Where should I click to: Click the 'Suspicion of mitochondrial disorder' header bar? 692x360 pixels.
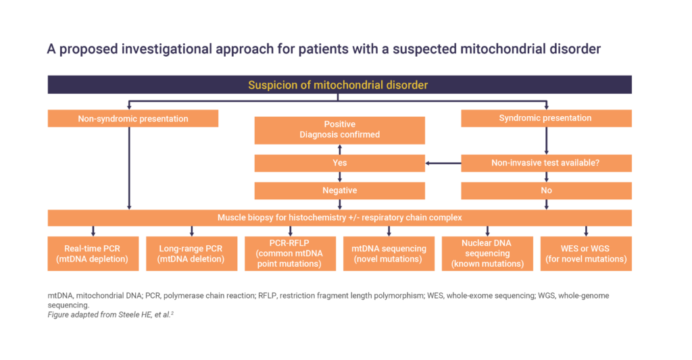(339, 84)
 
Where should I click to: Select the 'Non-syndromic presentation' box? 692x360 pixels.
(133, 119)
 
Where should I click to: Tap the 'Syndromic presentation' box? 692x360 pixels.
(546, 118)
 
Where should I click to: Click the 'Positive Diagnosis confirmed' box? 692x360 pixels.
(339, 130)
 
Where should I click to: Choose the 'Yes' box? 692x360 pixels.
(339, 163)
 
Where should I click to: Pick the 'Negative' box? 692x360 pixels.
(339, 190)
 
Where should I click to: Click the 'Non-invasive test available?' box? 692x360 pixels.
(546, 163)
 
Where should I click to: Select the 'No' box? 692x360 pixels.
(546, 190)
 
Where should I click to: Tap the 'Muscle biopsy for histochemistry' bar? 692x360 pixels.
(339, 218)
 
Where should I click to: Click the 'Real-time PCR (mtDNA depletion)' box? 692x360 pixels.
(93, 254)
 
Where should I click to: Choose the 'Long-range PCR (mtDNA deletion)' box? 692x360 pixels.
(191, 254)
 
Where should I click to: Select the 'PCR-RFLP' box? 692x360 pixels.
(290, 254)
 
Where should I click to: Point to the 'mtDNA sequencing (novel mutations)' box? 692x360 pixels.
(389, 254)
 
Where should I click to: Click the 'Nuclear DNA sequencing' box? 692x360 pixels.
(487, 254)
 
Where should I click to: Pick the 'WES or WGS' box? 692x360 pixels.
(586, 254)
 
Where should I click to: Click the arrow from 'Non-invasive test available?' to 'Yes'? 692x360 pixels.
(443, 163)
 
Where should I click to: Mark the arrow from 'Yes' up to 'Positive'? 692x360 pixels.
(339, 149)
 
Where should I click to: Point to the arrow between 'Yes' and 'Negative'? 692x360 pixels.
(339, 177)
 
